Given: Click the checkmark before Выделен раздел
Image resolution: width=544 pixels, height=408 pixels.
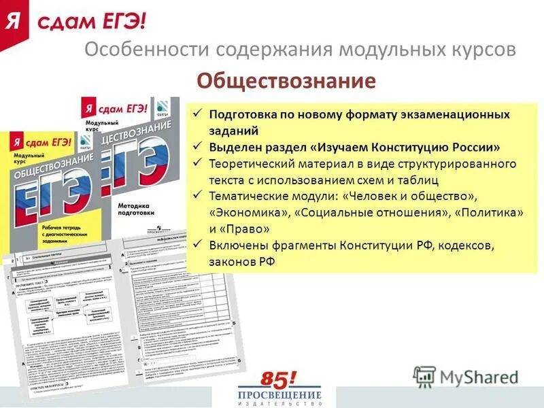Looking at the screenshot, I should click(x=197, y=147).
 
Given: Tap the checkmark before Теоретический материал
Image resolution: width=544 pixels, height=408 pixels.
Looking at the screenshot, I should click(x=197, y=164).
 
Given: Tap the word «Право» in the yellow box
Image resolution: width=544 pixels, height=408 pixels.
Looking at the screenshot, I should click(x=245, y=229).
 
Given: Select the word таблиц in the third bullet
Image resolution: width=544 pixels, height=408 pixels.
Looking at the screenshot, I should click(x=418, y=180).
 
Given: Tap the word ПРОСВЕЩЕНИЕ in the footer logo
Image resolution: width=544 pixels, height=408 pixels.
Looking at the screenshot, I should click(x=279, y=395).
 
